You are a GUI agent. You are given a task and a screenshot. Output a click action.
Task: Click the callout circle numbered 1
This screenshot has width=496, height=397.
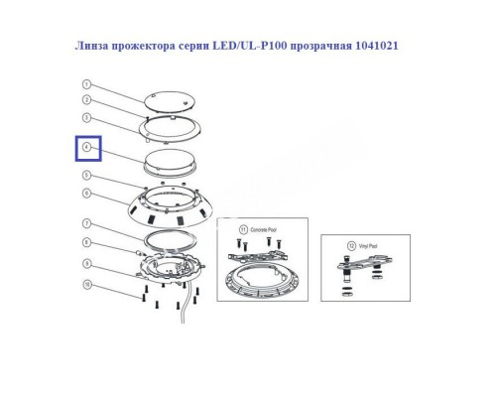click(87, 85)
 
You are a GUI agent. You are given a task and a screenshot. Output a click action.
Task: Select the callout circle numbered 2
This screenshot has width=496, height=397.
click(87, 101)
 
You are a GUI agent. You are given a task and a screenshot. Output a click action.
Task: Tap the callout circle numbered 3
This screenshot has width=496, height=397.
click(87, 118)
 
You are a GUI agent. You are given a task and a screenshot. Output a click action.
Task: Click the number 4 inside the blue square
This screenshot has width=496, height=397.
click(88, 149)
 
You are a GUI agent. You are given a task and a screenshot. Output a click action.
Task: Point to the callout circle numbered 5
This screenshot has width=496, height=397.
click(87, 175)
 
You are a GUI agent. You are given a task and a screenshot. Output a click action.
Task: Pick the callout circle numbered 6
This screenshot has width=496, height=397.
click(87, 193)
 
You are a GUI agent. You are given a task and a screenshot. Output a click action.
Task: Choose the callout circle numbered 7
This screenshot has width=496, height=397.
click(87, 224)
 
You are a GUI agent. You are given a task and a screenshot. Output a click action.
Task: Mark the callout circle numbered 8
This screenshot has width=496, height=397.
click(87, 243)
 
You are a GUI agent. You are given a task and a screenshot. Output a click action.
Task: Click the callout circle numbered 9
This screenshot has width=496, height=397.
click(87, 263)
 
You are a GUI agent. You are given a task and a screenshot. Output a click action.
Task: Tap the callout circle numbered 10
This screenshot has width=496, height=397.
click(87, 285)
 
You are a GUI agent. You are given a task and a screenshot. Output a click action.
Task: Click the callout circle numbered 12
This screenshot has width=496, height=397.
click(341, 244)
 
